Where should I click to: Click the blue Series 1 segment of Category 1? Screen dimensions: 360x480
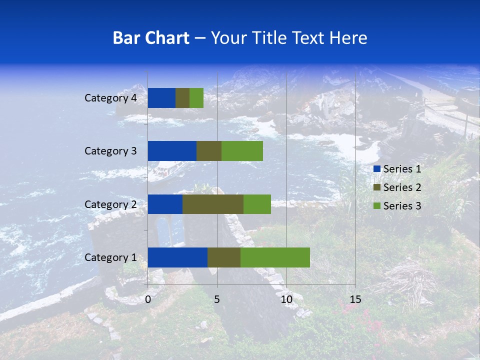tap(177, 257)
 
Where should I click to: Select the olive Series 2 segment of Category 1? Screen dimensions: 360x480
tap(224, 257)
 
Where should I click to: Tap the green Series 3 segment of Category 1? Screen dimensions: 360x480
tap(275, 257)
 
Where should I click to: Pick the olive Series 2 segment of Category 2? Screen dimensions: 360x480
tap(213, 204)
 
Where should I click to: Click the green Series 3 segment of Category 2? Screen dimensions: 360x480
tap(257, 204)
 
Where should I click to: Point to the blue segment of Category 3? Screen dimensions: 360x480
tap(172, 151)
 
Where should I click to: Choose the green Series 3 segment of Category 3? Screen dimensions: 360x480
tap(242, 151)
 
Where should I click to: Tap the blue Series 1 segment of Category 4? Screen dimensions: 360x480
tap(161, 98)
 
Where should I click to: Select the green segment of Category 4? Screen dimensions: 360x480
tap(196, 98)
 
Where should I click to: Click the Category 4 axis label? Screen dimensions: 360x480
tap(110, 98)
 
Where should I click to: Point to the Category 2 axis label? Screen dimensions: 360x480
tap(110, 204)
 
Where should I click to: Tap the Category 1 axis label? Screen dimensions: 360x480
tap(110, 257)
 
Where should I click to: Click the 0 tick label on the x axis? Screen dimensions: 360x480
tap(148, 299)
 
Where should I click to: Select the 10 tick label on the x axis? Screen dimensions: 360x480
tap(286, 299)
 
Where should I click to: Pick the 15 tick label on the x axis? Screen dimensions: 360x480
tap(355, 299)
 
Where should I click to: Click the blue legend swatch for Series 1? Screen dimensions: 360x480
tap(377, 169)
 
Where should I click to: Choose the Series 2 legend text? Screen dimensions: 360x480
tap(402, 187)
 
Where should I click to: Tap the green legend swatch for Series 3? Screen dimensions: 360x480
tap(377, 206)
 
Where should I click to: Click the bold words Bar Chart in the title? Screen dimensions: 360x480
tap(151, 38)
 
